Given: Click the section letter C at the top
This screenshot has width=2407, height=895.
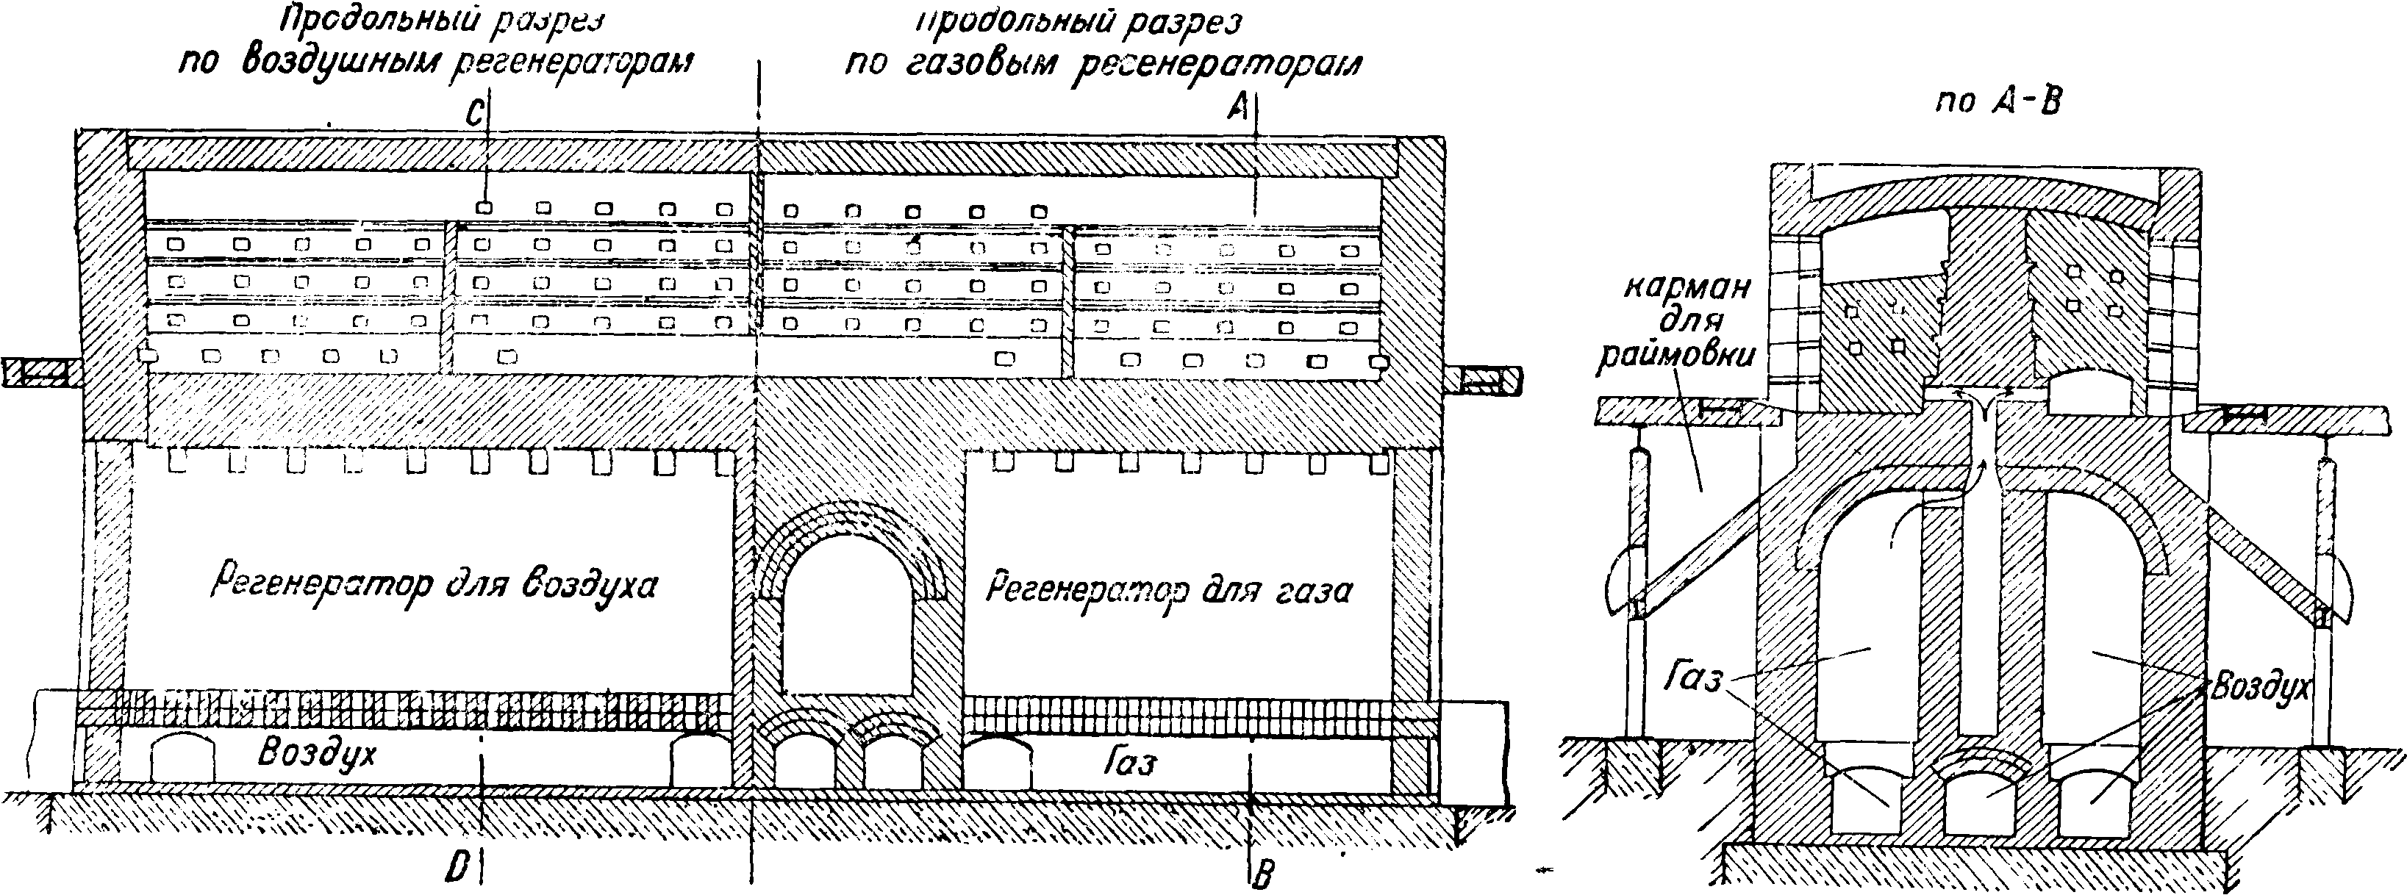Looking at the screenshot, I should [475, 115].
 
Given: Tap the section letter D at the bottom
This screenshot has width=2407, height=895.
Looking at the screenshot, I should [457, 868].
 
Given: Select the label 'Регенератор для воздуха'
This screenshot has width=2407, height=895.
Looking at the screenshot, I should [434, 586].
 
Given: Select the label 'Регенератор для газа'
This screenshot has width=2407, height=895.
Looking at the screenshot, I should [1169, 589].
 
